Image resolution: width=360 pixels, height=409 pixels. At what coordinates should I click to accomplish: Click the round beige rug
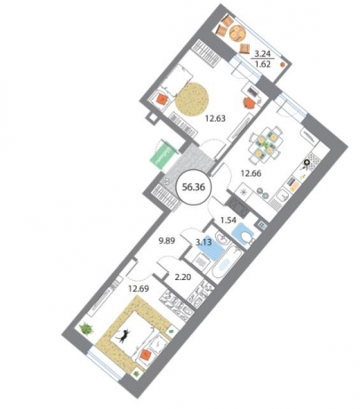point(195,99)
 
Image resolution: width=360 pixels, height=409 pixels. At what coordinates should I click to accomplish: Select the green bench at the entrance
point(161,153)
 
